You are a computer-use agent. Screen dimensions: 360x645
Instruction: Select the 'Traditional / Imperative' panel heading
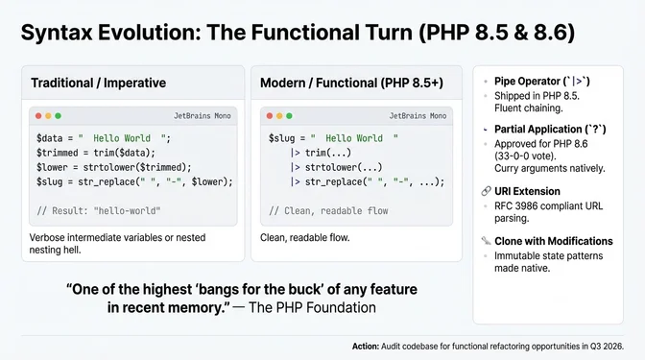pos(98,83)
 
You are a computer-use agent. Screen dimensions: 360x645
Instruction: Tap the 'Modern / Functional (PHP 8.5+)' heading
pos(351,83)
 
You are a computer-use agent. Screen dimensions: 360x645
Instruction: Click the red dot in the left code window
pos(38,115)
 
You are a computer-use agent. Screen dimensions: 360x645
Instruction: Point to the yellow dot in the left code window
pos(49,115)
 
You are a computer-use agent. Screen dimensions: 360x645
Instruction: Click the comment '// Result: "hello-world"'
pos(98,209)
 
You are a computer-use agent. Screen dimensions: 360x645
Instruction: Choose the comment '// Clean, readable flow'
pos(329,209)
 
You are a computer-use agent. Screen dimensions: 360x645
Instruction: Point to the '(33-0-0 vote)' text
pos(527,155)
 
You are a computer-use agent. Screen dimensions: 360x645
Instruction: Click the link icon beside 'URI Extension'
pos(487,192)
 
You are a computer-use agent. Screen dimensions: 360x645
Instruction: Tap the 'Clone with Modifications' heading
pos(553,240)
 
